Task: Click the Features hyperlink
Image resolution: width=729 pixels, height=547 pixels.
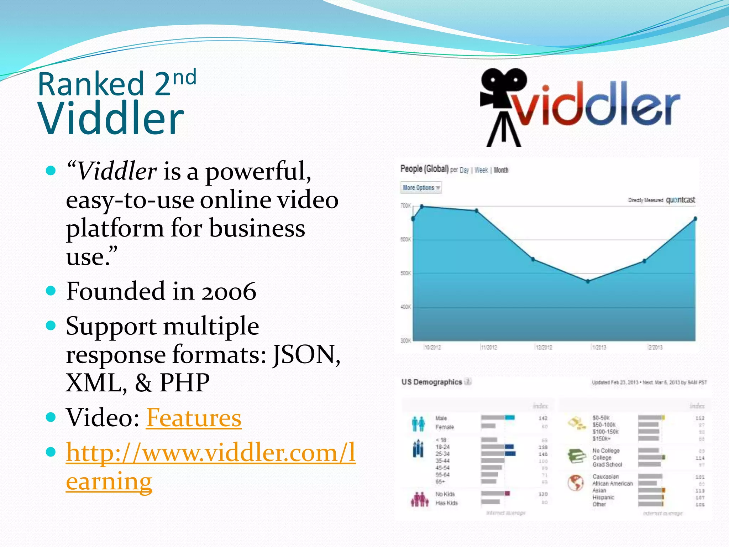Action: click(194, 418)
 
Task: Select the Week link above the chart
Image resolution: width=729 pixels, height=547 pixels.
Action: click(481, 170)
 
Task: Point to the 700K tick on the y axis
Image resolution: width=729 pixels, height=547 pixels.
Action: click(405, 206)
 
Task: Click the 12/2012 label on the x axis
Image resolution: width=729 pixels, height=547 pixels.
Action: click(544, 347)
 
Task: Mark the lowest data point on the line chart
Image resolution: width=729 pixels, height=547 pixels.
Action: click(588, 281)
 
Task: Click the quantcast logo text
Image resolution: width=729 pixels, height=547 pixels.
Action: click(680, 200)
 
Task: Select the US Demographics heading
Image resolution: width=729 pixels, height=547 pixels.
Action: click(431, 382)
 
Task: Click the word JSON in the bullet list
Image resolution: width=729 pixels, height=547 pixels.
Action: click(306, 355)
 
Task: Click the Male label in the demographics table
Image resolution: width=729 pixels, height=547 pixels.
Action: click(441, 418)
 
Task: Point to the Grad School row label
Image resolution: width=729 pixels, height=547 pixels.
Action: click(607, 464)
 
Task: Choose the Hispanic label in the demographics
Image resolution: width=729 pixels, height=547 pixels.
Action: click(603, 497)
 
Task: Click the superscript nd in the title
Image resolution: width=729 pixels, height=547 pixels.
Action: click(184, 77)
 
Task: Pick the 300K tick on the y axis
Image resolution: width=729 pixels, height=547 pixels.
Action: click(405, 341)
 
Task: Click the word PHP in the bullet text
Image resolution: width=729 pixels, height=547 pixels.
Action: click(184, 383)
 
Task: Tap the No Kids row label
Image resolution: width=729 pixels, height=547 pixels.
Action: click(445, 494)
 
